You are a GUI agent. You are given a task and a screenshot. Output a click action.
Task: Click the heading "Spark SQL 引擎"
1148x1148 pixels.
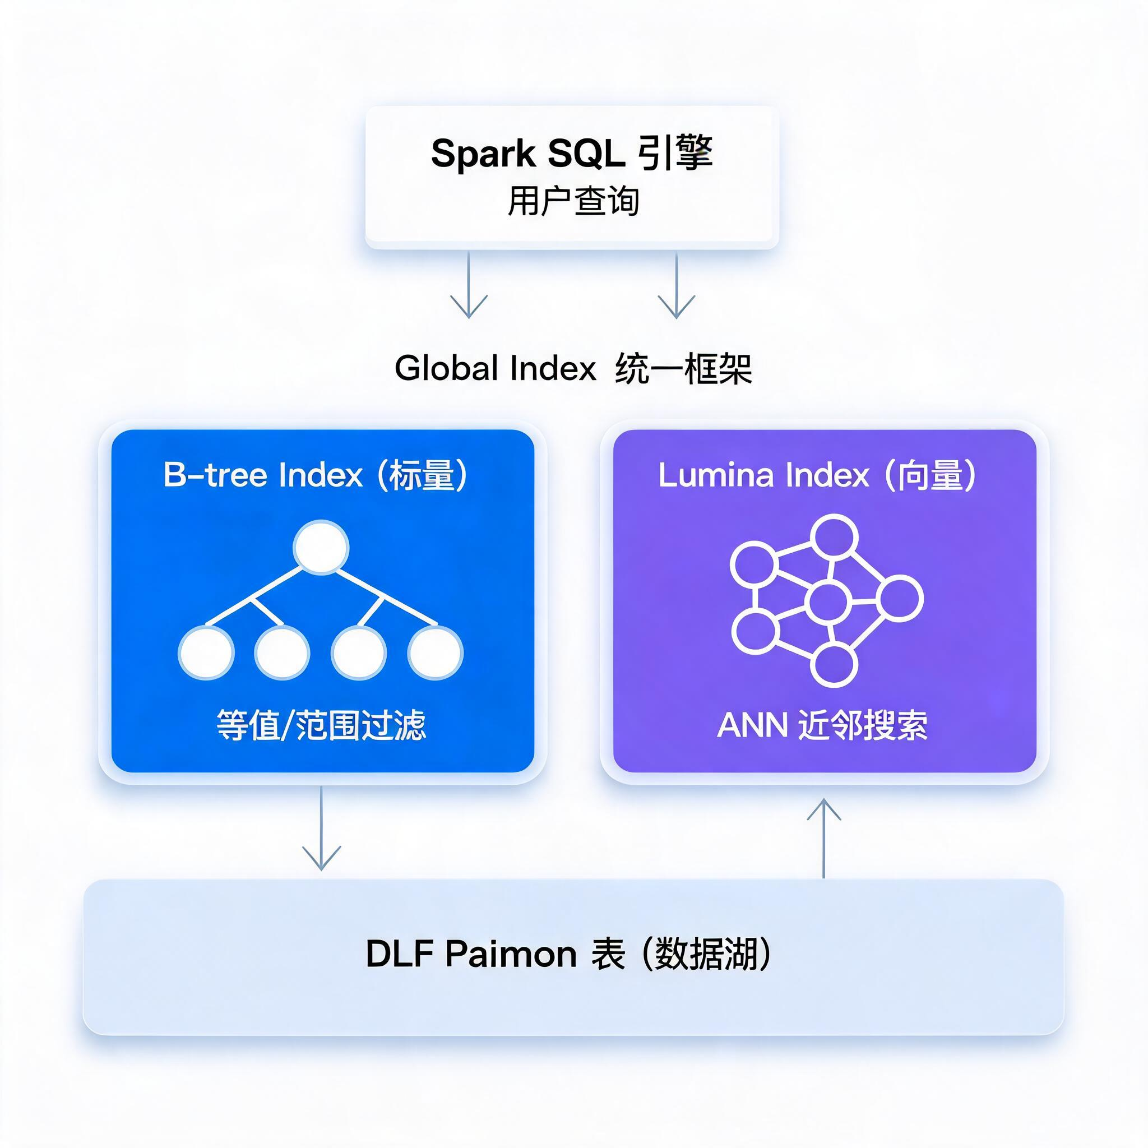(x=572, y=153)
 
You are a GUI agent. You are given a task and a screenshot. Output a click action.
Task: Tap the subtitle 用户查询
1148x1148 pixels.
(x=573, y=201)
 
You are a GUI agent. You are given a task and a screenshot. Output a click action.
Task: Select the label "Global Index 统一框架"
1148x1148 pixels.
(x=573, y=368)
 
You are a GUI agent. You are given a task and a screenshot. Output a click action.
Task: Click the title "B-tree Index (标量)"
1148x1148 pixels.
(x=316, y=475)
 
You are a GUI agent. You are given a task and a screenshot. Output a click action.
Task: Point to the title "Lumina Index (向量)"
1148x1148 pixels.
(x=817, y=475)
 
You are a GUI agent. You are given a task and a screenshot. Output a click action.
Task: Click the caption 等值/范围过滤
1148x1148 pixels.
(x=321, y=725)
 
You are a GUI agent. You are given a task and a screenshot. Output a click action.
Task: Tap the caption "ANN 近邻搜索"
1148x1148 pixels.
(x=822, y=725)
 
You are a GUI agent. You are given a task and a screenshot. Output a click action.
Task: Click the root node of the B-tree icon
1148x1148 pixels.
(x=321, y=547)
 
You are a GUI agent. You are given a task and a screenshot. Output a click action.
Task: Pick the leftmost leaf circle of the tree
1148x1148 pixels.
(x=206, y=652)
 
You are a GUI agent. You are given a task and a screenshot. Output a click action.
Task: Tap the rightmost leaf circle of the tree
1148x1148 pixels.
(x=435, y=652)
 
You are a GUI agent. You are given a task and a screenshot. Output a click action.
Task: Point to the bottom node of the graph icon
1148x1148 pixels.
(x=834, y=664)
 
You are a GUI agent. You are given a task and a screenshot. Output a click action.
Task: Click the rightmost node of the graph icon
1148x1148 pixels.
(x=900, y=598)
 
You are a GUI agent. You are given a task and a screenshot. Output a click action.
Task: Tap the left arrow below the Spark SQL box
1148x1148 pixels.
(x=469, y=285)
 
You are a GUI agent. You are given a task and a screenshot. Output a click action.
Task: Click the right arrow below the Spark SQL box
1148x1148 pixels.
(x=676, y=285)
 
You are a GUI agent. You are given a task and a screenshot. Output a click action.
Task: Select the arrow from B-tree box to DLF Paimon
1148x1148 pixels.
(x=321, y=828)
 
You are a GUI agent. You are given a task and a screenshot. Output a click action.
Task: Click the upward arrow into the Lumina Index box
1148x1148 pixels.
(x=823, y=838)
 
